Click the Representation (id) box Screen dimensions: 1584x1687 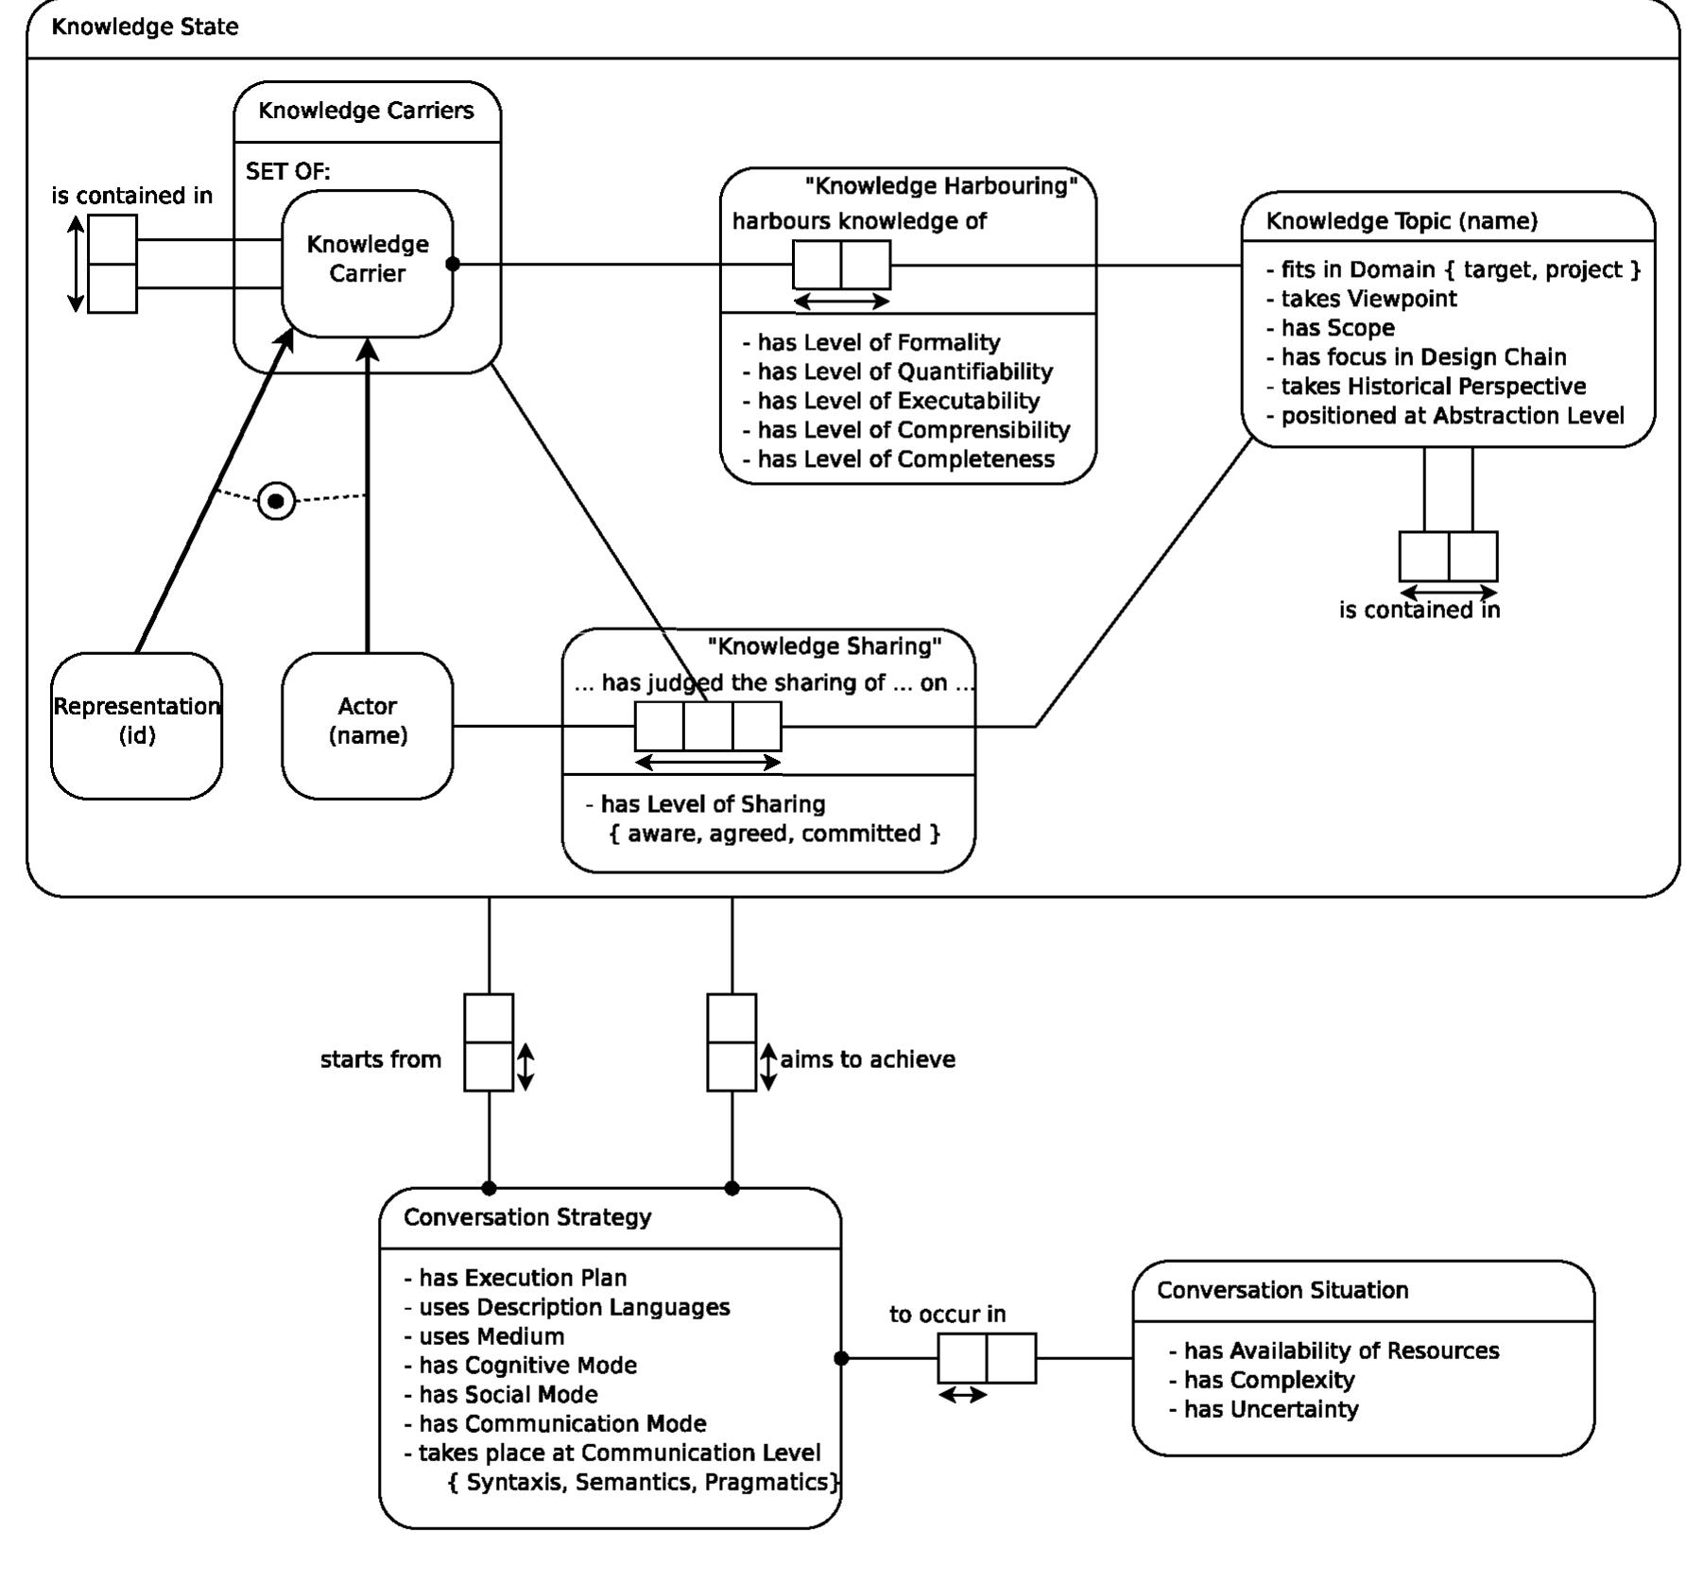coord(136,725)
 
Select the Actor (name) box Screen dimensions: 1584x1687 coord(367,725)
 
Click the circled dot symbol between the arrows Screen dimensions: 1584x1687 coord(276,501)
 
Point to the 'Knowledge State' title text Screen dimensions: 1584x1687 coord(145,26)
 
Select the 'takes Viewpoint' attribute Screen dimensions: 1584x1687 coord(1368,299)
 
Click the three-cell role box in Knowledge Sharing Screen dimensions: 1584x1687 coord(707,726)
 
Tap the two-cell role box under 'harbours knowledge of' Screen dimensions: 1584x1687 coord(840,265)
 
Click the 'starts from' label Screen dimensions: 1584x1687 coord(380,1059)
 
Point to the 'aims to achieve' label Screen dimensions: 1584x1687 coord(867,1059)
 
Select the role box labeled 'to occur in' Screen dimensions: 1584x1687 coord(986,1358)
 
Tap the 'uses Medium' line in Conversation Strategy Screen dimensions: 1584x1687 coord(491,1336)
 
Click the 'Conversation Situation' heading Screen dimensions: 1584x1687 coord(1282,1290)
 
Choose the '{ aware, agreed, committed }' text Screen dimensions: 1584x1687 coord(774,834)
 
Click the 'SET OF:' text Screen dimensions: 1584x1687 coord(287,171)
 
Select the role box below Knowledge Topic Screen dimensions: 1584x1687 coord(1447,556)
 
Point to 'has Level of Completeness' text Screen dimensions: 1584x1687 coord(904,459)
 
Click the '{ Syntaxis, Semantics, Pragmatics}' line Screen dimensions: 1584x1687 coord(643,1482)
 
